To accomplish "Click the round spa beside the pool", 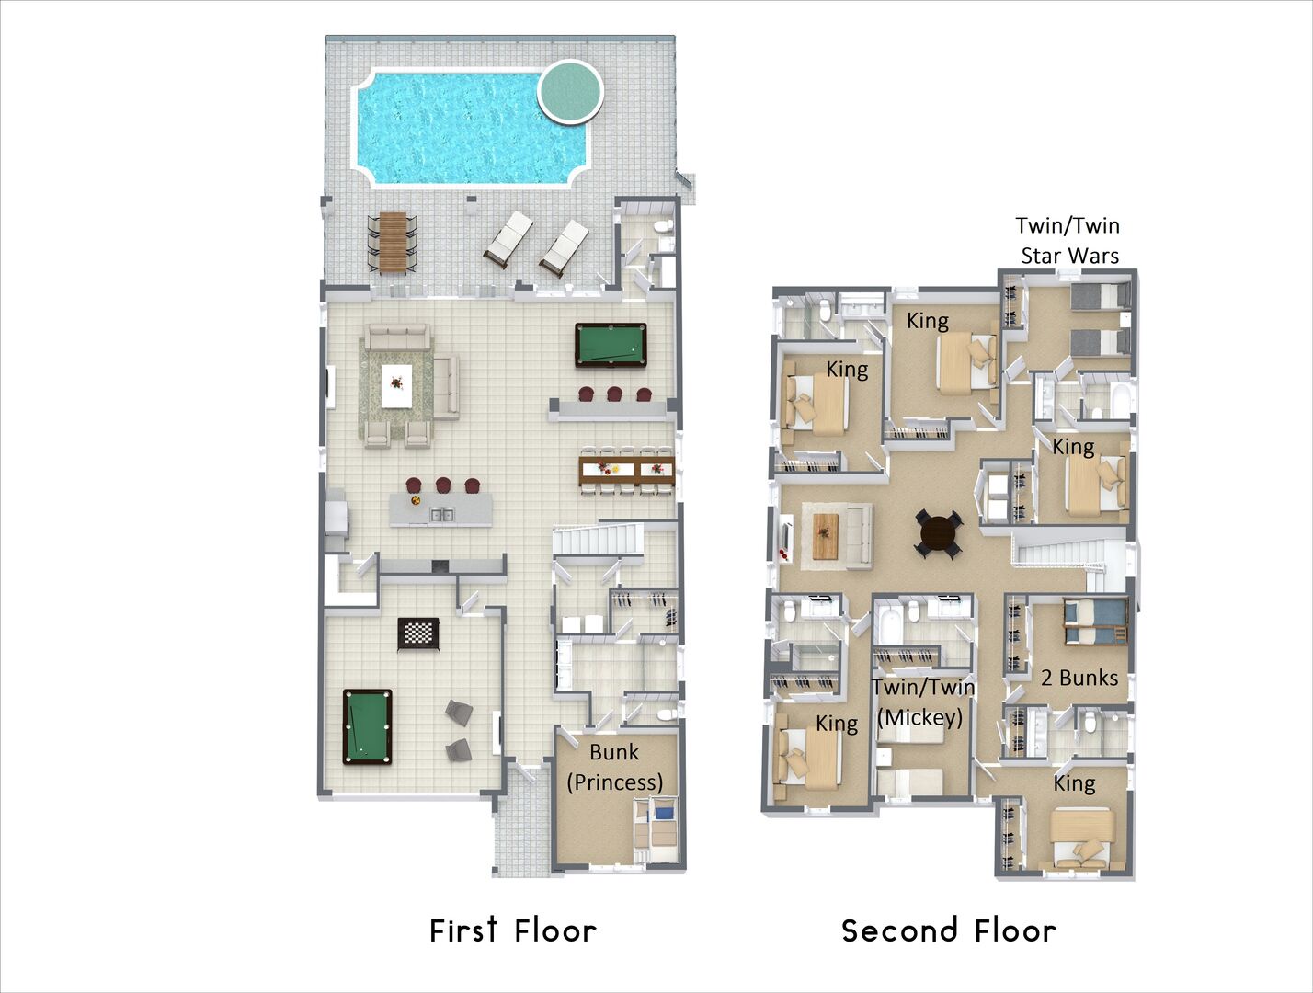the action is (570, 92).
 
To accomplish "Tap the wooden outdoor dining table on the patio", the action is (393, 242).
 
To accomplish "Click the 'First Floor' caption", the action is (513, 930).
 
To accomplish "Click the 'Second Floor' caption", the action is (949, 930).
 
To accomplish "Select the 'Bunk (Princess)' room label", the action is (615, 767).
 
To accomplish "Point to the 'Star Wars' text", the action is (1069, 256).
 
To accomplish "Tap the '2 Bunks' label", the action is (1079, 678).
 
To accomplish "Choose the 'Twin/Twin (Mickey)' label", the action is (922, 702).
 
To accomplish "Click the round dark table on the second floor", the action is (939, 533).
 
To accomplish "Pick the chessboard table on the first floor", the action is (418, 634).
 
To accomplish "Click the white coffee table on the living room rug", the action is (396, 386).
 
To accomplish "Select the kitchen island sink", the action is (441, 514).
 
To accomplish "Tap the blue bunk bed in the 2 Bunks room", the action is (1095, 622).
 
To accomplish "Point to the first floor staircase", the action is (598, 540).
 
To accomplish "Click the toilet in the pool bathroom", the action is (663, 227).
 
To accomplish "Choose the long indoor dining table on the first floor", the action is (626, 471).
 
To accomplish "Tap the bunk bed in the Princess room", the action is (656, 828).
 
